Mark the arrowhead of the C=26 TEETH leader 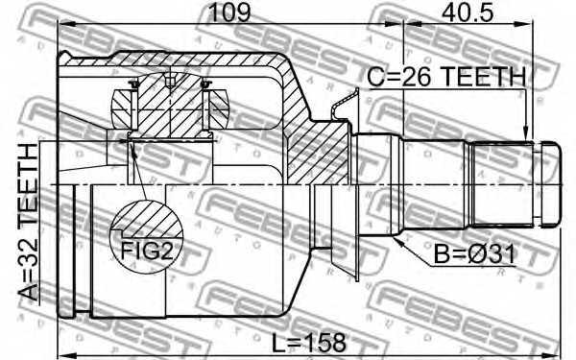click(x=523, y=136)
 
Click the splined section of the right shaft click(x=504, y=182)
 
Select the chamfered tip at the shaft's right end click(x=550, y=182)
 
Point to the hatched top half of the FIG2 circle click(x=148, y=218)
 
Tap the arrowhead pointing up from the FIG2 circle click(x=130, y=144)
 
